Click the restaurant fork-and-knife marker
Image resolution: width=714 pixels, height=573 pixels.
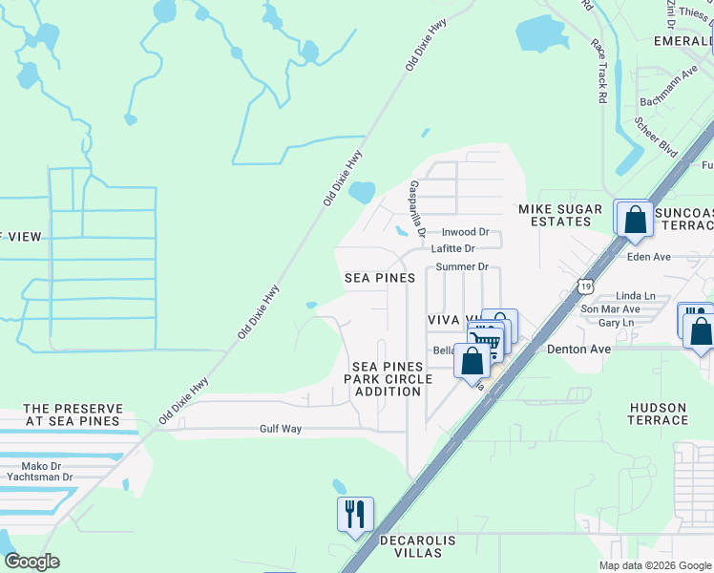pos(355,515)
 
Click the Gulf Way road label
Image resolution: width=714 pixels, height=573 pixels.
pos(281,429)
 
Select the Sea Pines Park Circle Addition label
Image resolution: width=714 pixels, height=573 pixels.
pos(392,379)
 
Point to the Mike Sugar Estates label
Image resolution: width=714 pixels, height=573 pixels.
pos(560,215)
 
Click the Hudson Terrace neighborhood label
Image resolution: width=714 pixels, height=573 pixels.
pos(658,414)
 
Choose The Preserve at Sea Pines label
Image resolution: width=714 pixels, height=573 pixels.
pos(72,414)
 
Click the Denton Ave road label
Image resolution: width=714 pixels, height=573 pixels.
pos(578,350)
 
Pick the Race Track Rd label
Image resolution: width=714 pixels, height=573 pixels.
pos(599,72)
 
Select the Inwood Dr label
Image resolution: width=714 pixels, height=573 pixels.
pos(465,232)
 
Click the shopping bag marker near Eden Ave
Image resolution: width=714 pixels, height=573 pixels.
pos(634,220)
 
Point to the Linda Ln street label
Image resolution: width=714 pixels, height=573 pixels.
pos(636,296)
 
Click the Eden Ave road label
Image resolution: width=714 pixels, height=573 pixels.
pos(649,256)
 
